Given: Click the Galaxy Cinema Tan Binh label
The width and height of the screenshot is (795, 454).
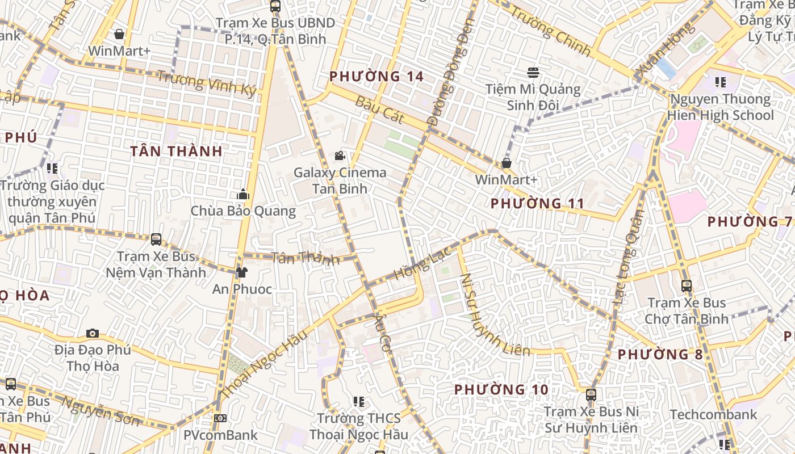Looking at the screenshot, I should [340, 180].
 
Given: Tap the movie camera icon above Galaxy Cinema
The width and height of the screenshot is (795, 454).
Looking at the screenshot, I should [340, 156].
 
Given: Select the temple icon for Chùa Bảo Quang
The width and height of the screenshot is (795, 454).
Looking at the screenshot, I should [243, 194].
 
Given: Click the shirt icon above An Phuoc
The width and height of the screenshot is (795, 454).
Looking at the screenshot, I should [242, 272].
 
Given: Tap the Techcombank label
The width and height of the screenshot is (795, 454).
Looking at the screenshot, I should [713, 415].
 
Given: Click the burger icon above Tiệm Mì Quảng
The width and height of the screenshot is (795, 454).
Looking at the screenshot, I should [533, 73].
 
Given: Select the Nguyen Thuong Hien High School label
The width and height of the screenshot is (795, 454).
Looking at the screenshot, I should [721, 107].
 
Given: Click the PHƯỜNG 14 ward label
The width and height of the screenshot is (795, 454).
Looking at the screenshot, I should [376, 76].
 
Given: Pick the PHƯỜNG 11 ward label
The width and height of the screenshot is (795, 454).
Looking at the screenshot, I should [537, 203].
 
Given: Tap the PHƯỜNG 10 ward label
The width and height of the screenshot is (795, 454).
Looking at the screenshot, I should [501, 389].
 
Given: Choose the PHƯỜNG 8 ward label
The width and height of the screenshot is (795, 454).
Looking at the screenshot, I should [660, 355].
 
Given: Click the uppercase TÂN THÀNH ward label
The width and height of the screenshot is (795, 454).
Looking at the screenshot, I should [176, 151].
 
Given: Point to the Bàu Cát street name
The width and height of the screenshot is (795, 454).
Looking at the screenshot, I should [379, 110].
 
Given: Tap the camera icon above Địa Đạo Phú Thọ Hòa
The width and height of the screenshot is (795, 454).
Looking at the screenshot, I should [92, 333].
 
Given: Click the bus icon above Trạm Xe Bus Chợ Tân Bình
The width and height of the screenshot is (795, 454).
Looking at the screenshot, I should [686, 286].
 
